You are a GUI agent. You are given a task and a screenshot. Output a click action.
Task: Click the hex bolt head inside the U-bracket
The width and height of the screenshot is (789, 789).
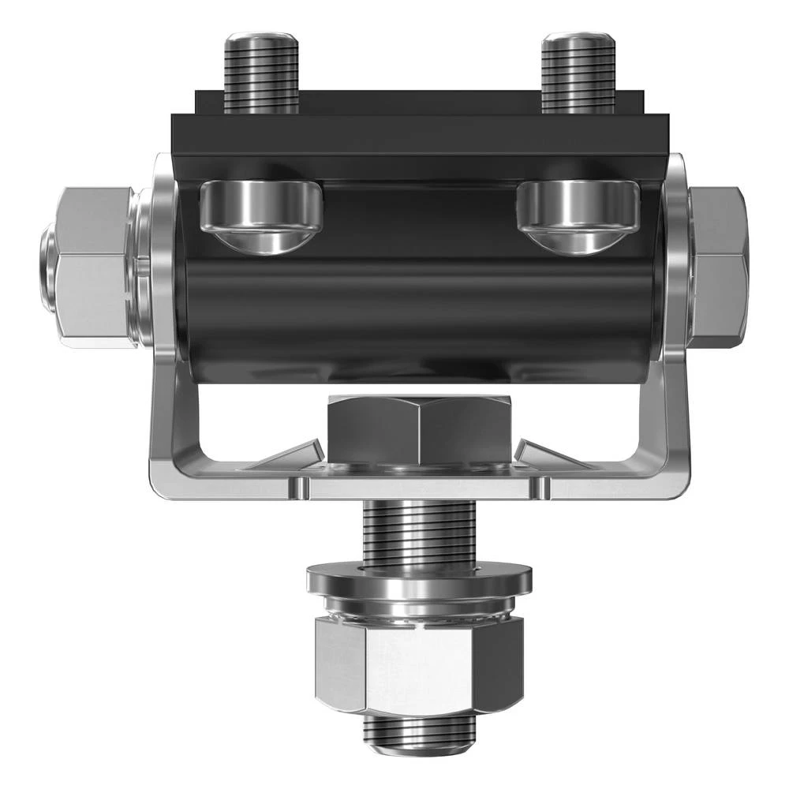click(x=420, y=430)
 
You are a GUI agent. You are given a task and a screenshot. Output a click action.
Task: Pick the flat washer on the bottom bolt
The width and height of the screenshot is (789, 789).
click(x=420, y=580)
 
